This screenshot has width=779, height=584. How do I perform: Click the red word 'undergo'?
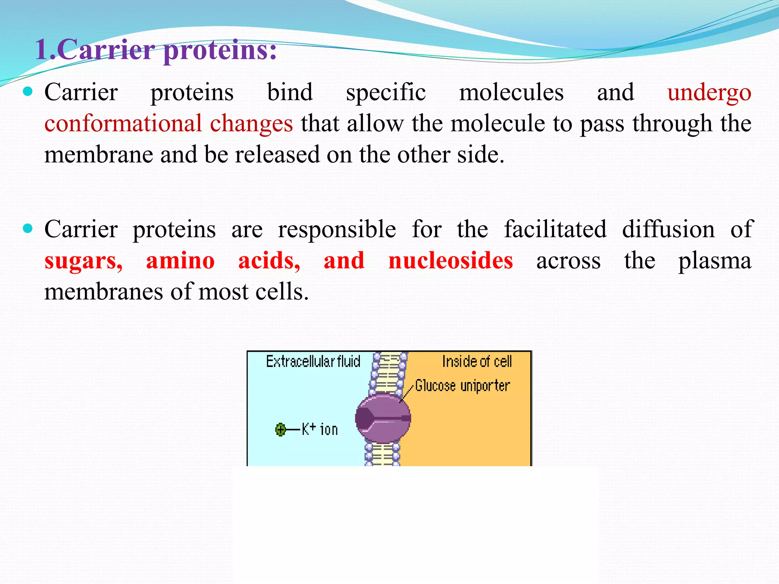[x=709, y=93]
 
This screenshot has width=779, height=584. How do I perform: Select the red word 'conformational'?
[x=123, y=124]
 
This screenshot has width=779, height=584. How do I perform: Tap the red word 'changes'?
[x=251, y=124]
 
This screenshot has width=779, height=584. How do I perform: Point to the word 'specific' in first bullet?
[x=386, y=93]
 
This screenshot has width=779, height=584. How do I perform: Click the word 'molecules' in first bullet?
[x=511, y=93]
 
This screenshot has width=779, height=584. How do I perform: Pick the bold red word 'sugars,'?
[x=83, y=261]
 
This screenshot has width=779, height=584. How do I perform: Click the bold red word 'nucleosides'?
[x=450, y=261]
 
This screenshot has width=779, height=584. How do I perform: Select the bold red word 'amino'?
[x=180, y=261]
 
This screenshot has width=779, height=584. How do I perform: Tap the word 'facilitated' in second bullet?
[x=555, y=230]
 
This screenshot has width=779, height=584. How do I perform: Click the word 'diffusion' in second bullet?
[x=668, y=230]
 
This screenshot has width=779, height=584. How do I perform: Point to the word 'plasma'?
[x=715, y=261]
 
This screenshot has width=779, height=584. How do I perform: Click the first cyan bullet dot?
[x=28, y=91]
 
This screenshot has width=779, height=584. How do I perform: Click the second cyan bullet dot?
[x=28, y=228]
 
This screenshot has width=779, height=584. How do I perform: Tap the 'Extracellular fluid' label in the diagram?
[x=313, y=362]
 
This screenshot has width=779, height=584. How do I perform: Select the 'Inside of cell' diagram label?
[x=477, y=362]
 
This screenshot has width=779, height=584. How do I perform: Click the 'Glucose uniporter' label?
[x=462, y=386]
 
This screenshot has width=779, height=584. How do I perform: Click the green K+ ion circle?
[x=280, y=430]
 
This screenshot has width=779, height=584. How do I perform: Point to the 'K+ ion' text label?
[x=320, y=430]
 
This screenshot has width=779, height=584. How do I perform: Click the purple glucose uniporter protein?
[x=383, y=419]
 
